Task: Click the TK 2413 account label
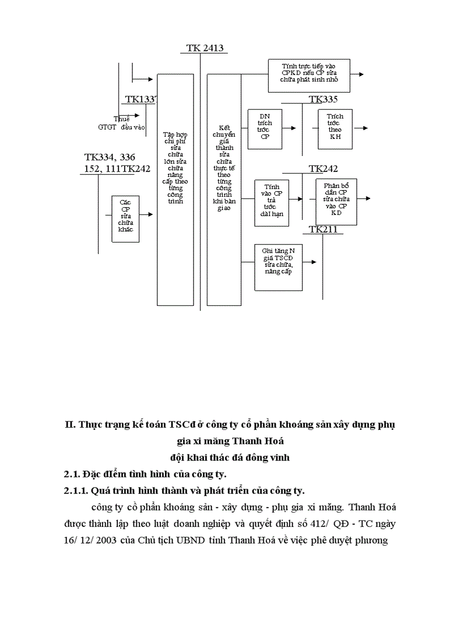pos(205,48)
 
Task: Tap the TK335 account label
pos(323,99)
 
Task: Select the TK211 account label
pos(323,229)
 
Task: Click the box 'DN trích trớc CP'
pos(265,129)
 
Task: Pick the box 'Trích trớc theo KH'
pos(335,129)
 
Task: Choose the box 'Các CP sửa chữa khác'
pos(125,218)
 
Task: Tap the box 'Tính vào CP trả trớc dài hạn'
pos(271,202)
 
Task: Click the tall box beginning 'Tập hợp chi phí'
pos(175,189)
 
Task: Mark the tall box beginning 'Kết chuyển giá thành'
pos(224,189)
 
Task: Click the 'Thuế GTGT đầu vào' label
pos(121,123)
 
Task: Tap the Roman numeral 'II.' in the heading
pos(70,425)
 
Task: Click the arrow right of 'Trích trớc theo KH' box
pos(361,128)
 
